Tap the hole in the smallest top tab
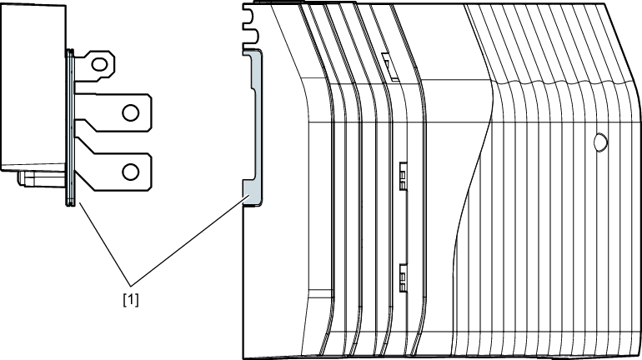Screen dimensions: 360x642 [101, 62]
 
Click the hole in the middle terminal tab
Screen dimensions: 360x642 [130, 112]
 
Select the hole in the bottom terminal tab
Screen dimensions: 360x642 [130, 171]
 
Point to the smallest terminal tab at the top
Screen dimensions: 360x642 [93, 62]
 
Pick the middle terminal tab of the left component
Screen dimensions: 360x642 [117, 112]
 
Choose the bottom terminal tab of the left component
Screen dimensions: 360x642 [117, 171]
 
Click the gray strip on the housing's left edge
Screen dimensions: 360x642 [256, 125]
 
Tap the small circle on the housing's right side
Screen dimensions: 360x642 [599, 142]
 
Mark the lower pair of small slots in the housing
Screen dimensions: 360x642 [402, 277]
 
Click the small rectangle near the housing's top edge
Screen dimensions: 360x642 [387, 62]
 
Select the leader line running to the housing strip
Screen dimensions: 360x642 [192, 237]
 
